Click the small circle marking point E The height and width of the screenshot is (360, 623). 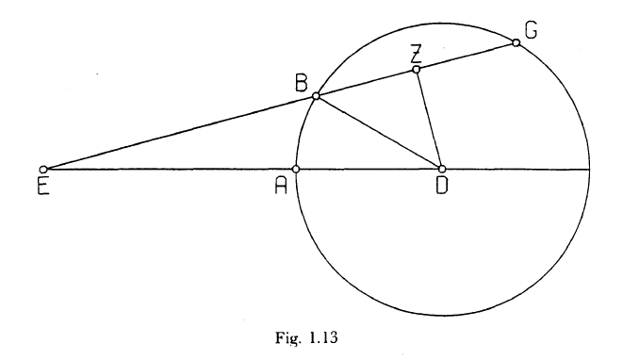[x=43, y=170]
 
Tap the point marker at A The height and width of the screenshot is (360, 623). [x=296, y=170]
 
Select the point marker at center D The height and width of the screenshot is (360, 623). [x=442, y=170]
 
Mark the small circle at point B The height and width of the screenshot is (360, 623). [x=316, y=96]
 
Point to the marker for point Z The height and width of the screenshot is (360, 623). [x=416, y=70]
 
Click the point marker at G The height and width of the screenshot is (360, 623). [x=516, y=42]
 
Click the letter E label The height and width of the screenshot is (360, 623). [x=43, y=186]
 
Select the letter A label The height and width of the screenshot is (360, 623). [x=281, y=186]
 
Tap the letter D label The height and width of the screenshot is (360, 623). [x=441, y=186]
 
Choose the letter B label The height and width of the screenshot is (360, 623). [x=302, y=84]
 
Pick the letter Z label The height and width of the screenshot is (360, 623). [x=416, y=54]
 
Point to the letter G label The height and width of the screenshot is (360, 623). [x=531, y=30]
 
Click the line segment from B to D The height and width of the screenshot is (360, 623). [x=379, y=133]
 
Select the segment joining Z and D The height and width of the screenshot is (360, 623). [x=429, y=119]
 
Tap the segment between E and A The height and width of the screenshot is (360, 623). [x=170, y=170]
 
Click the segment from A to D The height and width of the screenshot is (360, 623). [x=369, y=170]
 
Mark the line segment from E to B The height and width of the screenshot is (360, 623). [x=180, y=133]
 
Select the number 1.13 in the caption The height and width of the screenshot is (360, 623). [x=324, y=337]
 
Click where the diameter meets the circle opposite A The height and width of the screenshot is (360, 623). [x=589, y=170]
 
